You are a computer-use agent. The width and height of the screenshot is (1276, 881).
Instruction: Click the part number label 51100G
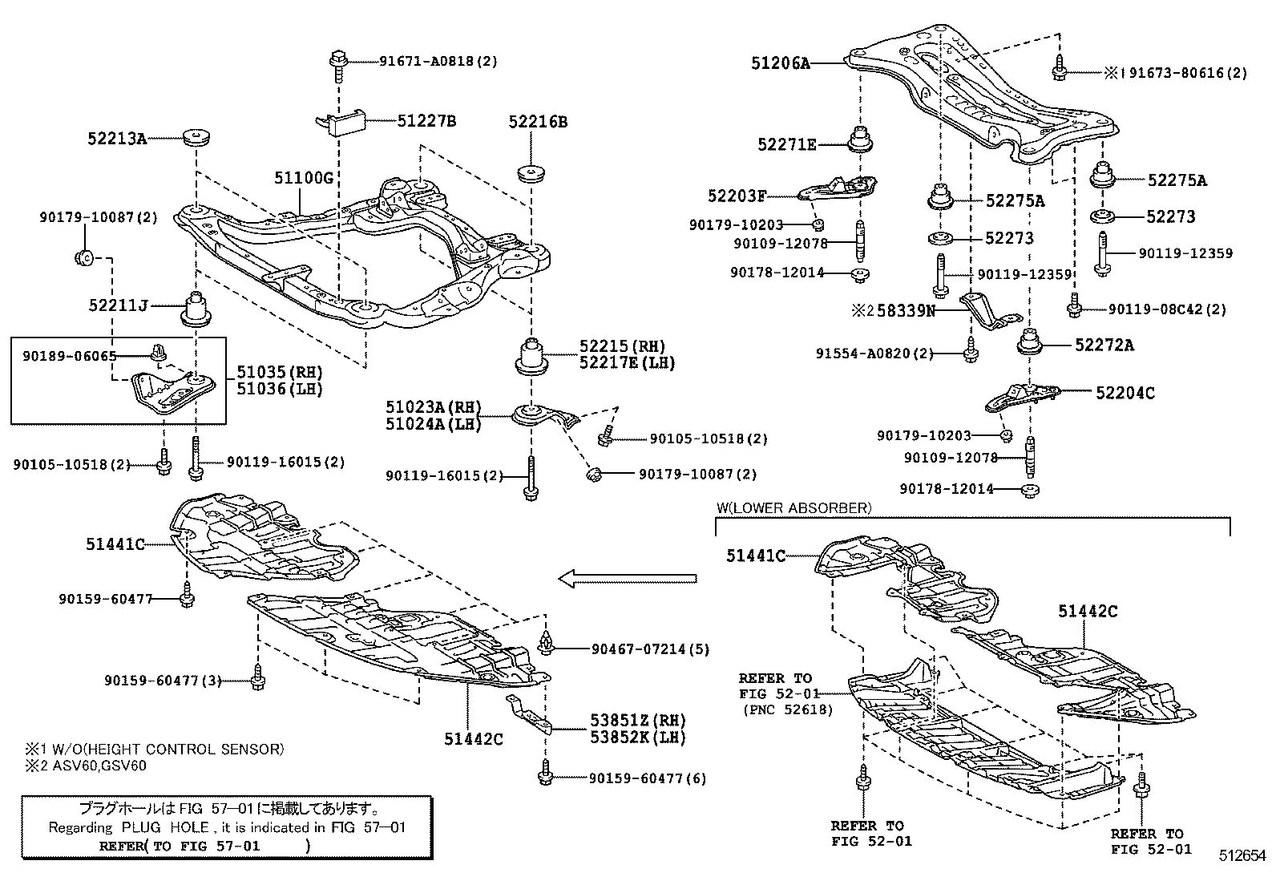pyautogui.click(x=303, y=178)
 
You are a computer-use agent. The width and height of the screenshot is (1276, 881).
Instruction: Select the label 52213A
pyautogui.click(x=117, y=139)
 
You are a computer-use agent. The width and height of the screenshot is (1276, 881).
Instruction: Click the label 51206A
pyautogui.click(x=780, y=62)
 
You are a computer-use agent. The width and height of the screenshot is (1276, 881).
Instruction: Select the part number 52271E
pyautogui.click(x=786, y=144)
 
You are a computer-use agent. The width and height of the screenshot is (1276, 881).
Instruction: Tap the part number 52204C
pyautogui.click(x=1125, y=393)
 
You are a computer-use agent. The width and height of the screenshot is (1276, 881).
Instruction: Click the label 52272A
pyautogui.click(x=1104, y=345)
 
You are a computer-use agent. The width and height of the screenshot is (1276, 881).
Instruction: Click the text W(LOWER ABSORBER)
pyautogui.click(x=793, y=507)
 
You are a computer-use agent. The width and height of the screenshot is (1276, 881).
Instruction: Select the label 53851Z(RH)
pyautogui.click(x=638, y=721)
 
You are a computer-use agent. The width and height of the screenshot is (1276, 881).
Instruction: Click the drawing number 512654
pyautogui.click(x=1242, y=855)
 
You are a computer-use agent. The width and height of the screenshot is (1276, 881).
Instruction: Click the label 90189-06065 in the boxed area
pyautogui.click(x=81, y=356)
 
